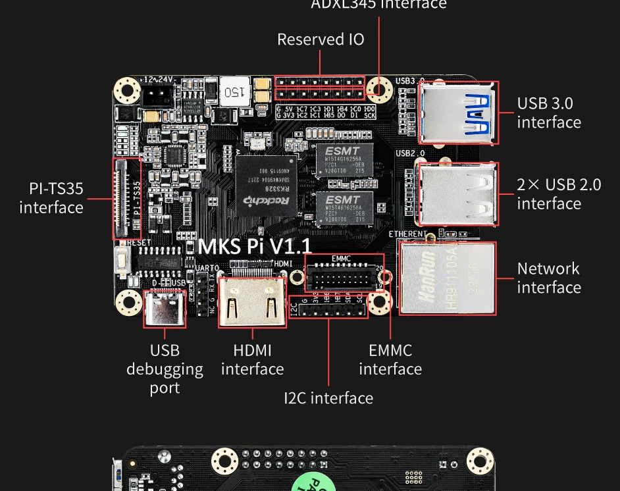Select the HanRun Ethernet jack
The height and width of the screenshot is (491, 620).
coord(448,277)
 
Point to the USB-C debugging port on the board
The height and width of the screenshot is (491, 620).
coord(163,306)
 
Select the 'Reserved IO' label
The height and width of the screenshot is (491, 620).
coord(321,39)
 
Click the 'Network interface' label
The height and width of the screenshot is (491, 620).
coord(548,278)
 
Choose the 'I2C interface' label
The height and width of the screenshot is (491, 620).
coord(328,398)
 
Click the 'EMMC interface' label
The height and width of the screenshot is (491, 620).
coord(390,359)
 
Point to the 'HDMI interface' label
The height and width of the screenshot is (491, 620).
coord(252,359)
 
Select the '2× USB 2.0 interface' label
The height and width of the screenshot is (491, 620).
coord(558,194)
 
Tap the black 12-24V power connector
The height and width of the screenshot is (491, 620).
coord(156,96)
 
